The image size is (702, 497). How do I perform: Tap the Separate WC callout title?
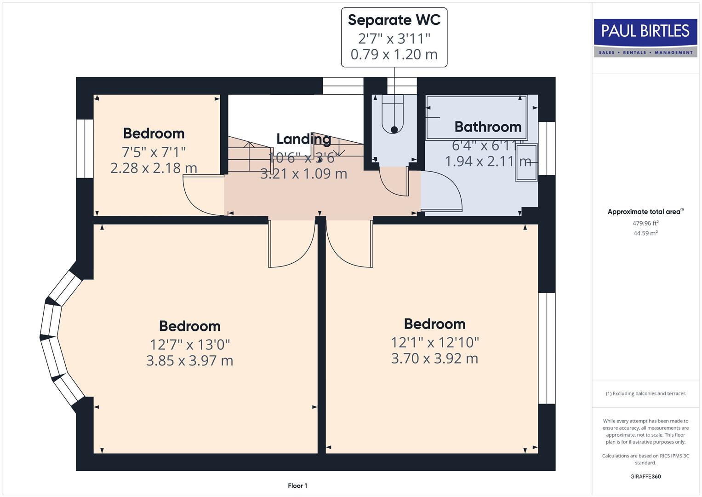[394, 20]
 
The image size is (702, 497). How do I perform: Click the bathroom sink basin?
[526, 162]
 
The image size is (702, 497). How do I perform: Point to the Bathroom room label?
[488, 127]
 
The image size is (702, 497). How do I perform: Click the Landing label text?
[303, 139]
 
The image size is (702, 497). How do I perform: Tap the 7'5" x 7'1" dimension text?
[154, 151]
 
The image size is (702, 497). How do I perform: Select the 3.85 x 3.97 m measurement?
[189, 360]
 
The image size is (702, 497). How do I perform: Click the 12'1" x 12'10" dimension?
[434, 342]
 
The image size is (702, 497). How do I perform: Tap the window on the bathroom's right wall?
[547, 148]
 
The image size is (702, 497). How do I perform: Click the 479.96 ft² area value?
[645, 223]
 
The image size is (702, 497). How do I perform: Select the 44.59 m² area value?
[645, 233]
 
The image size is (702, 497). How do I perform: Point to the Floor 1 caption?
[297, 485]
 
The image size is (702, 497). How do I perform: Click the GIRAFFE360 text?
[645, 476]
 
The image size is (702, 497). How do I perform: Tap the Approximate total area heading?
[645, 212]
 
